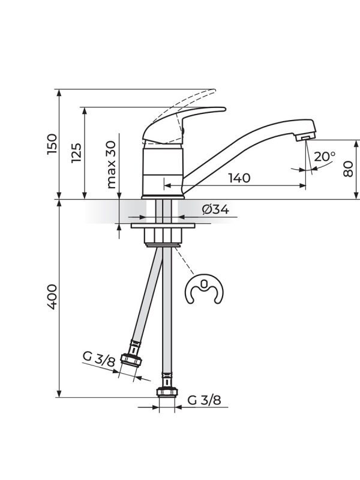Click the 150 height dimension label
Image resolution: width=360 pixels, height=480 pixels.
pos(52,144)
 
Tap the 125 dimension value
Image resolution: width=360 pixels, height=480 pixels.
pos(76,153)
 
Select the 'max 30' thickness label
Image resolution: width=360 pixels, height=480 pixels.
pos(111,164)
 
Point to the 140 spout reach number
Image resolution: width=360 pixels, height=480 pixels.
pos(239,178)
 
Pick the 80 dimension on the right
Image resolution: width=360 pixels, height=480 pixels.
pos(348,169)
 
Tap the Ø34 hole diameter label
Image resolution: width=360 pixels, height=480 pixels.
pos(215,209)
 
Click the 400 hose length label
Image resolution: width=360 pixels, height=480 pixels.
pos(52,297)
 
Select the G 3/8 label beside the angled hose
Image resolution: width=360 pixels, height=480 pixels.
pos(98,359)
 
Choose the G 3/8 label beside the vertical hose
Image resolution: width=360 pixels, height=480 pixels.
pos(204,400)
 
